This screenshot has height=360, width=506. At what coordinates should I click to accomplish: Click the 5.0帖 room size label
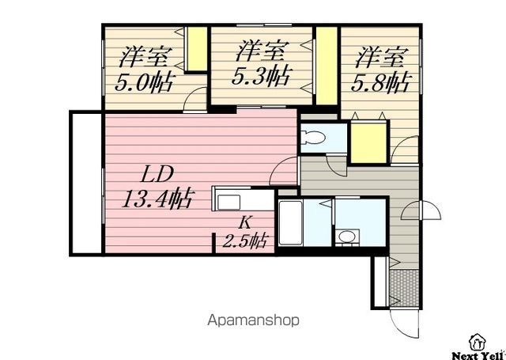click(x=144, y=83)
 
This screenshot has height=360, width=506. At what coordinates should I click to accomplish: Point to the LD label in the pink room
click(x=158, y=174)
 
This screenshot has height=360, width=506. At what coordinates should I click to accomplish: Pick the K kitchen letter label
click(x=246, y=222)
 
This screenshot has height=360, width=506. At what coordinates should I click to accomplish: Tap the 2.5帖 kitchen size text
click(x=245, y=241)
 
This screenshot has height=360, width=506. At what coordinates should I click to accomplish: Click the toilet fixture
click(x=313, y=138)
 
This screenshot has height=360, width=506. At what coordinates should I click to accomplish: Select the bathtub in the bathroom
click(x=290, y=223)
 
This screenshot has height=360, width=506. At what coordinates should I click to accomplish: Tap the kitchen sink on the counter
click(x=228, y=203)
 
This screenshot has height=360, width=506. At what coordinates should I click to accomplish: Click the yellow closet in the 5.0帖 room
click(x=197, y=49)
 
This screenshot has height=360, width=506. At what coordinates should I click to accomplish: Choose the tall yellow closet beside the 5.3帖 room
click(x=327, y=66)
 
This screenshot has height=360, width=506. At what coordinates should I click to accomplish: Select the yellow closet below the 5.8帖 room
click(x=368, y=142)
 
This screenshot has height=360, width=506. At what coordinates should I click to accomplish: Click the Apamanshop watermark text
click(x=253, y=320)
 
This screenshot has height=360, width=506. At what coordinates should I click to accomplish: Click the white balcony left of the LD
click(x=86, y=183)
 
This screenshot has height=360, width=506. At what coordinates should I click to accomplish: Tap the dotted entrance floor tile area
click(x=404, y=288)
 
